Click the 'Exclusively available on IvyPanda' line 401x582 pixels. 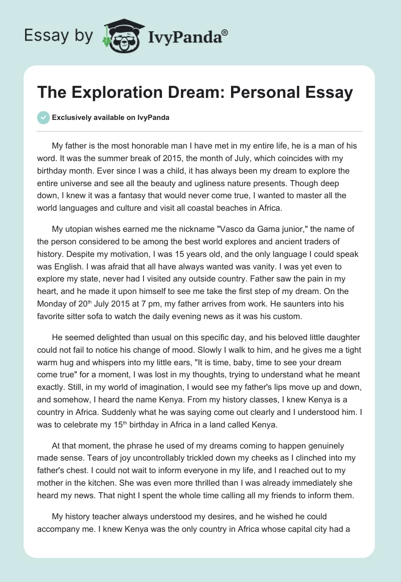pyautogui.click(x=111, y=117)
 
